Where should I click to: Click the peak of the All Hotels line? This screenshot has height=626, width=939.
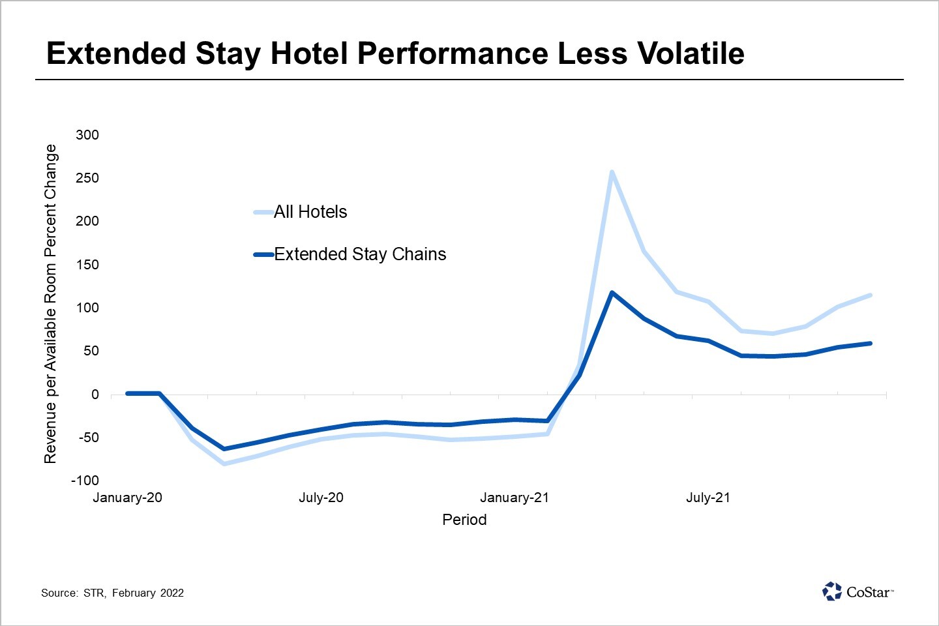(612, 172)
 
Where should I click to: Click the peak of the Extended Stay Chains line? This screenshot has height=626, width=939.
(612, 293)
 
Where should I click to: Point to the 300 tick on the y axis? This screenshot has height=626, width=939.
(87, 135)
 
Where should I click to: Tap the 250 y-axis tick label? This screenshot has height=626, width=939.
(87, 178)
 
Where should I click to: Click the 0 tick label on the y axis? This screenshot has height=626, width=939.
(95, 395)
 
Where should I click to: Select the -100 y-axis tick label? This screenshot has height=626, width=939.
(85, 481)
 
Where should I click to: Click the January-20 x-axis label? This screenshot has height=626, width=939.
(128, 498)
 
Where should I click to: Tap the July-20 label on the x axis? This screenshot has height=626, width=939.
(321, 498)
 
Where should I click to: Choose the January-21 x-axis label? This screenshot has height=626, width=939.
(514, 498)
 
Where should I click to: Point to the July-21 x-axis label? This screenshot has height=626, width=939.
(708, 498)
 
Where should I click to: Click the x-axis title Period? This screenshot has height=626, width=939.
(464, 520)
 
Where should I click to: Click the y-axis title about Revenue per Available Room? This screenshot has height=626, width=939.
(51, 304)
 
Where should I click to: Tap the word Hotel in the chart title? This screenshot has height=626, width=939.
(309, 53)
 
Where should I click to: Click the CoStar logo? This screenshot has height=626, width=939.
(857, 591)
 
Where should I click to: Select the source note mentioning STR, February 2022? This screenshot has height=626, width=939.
(112, 593)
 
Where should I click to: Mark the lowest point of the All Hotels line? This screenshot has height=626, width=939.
(224, 464)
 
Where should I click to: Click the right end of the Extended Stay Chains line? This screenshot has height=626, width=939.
(870, 344)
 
